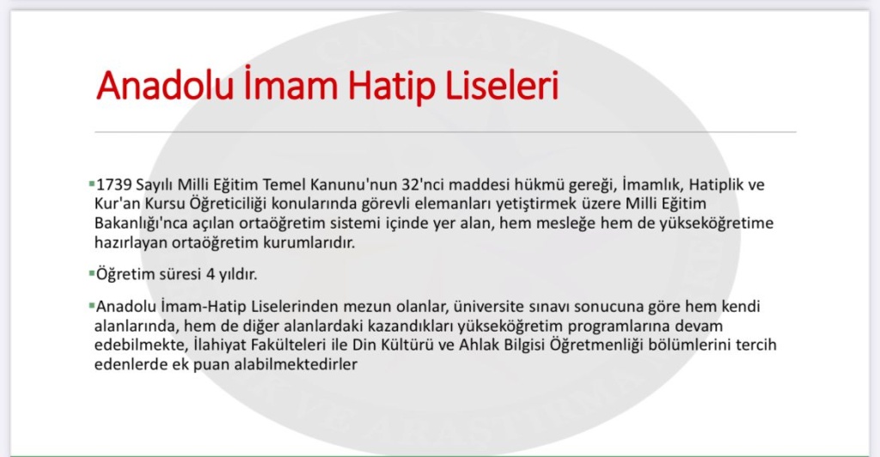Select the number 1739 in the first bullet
coord(114,185)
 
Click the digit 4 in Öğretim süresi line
coord(211,275)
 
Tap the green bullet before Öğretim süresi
coord(91,274)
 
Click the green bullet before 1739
coord(91,183)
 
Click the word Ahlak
coord(478,344)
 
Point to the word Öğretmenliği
coord(596,345)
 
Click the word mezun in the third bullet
coord(366,308)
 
